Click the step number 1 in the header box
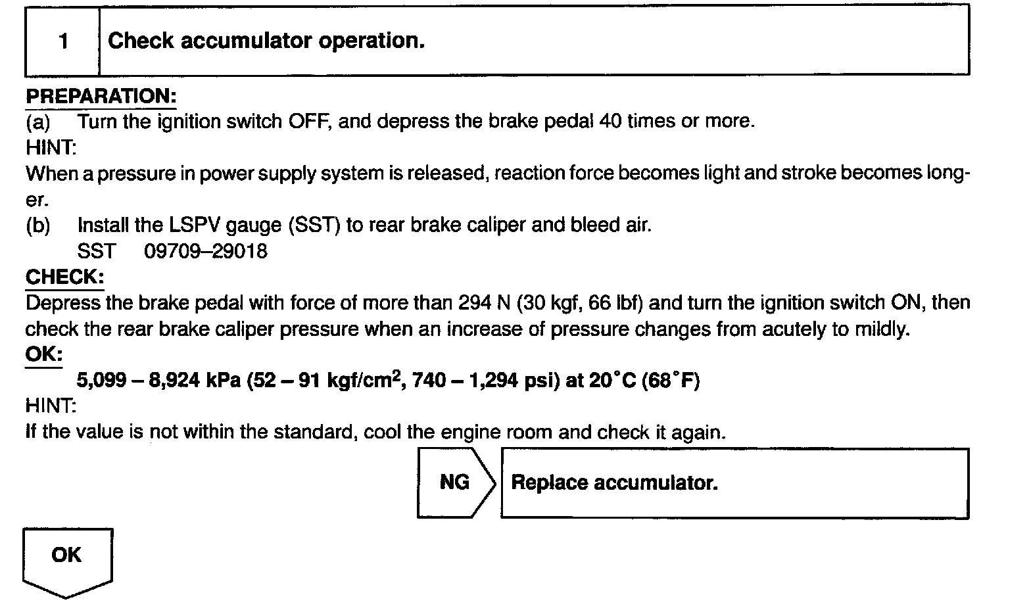point(63,41)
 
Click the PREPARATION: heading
point(101,96)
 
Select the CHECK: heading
point(64,277)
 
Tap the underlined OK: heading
point(43,355)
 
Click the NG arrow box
point(455,483)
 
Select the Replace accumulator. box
point(734,483)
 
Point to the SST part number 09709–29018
point(206,251)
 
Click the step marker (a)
point(37,122)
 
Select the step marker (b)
point(37,225)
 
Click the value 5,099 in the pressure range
point(101,381)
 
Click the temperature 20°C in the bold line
point(612,381)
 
